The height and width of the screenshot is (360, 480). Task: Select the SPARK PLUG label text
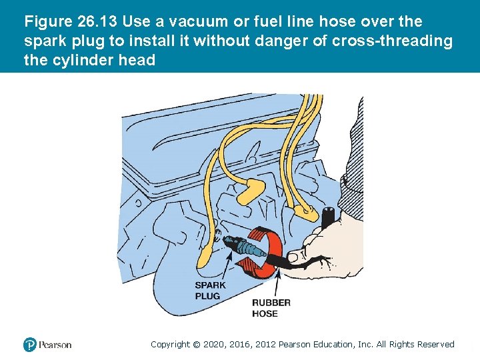[210, 291]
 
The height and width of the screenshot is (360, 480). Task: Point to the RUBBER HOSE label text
[271, 307]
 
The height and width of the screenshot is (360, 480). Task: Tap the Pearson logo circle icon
[29, 345]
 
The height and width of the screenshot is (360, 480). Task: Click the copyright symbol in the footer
[196, 344]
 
